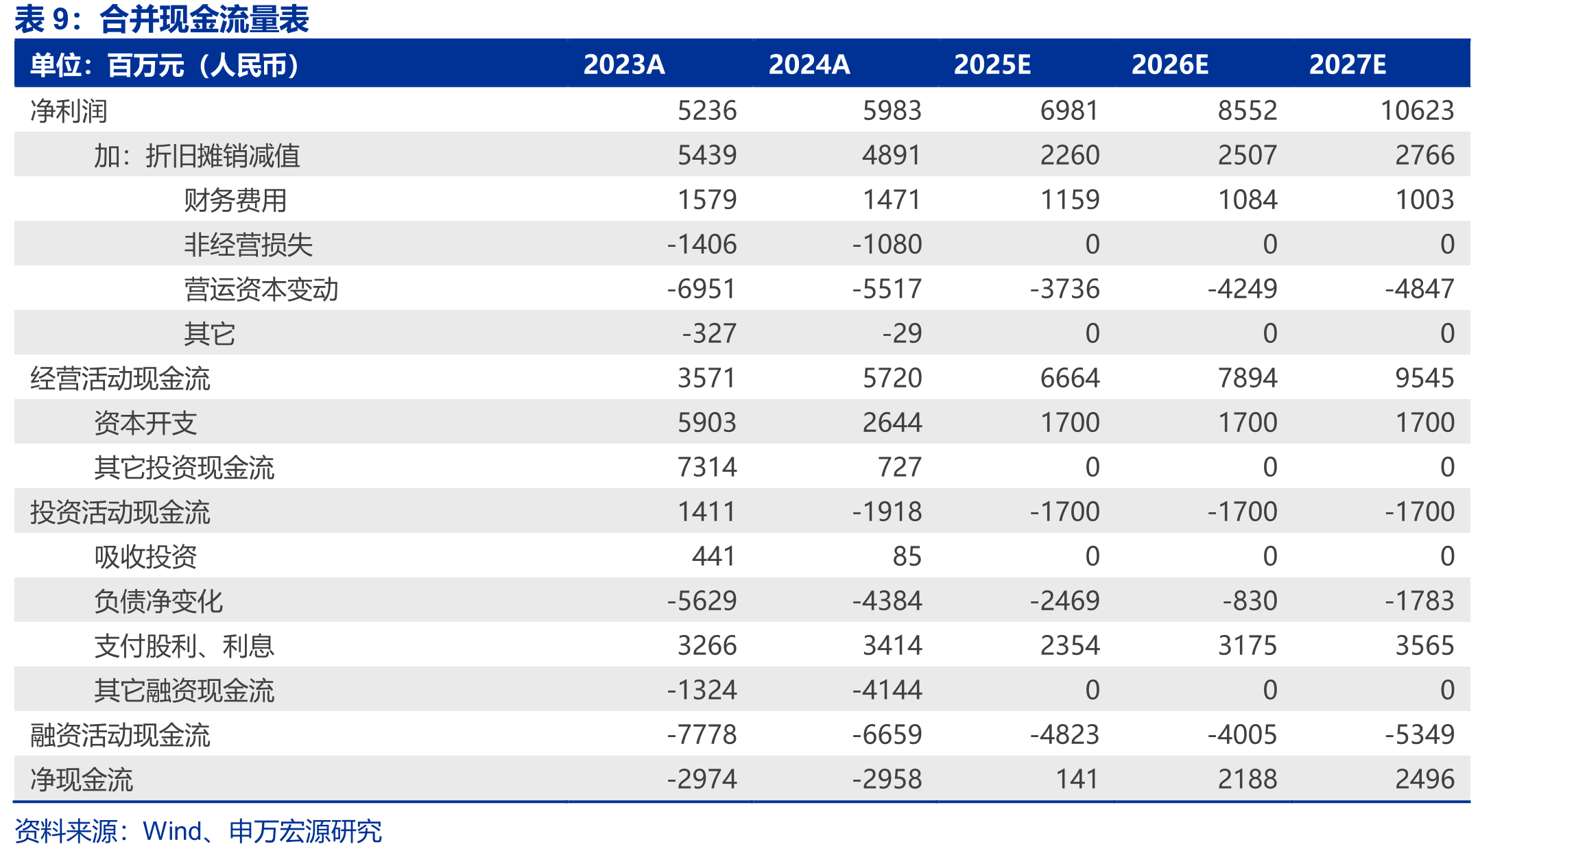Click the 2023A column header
point(624,64)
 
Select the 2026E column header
point(1170,64)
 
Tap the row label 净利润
point(69,111)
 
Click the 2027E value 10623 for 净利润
point(1417,110)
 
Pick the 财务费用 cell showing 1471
point(892,200)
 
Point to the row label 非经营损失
point(248,245)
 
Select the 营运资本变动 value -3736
point(1064,289)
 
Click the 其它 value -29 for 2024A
point(902,333)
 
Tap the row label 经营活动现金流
point(120,379)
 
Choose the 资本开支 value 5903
point(707,422)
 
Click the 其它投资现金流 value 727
point(900,467)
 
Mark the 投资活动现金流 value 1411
point(707,512)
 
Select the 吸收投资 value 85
point(907,556)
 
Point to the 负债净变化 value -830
point(1250,601)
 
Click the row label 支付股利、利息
point(184,646)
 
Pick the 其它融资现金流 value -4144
point(887,690)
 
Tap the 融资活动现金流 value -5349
point(1420,734)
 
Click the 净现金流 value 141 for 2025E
point(1077,779)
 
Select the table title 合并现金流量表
point(204,19)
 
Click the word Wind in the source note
point(172,831)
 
